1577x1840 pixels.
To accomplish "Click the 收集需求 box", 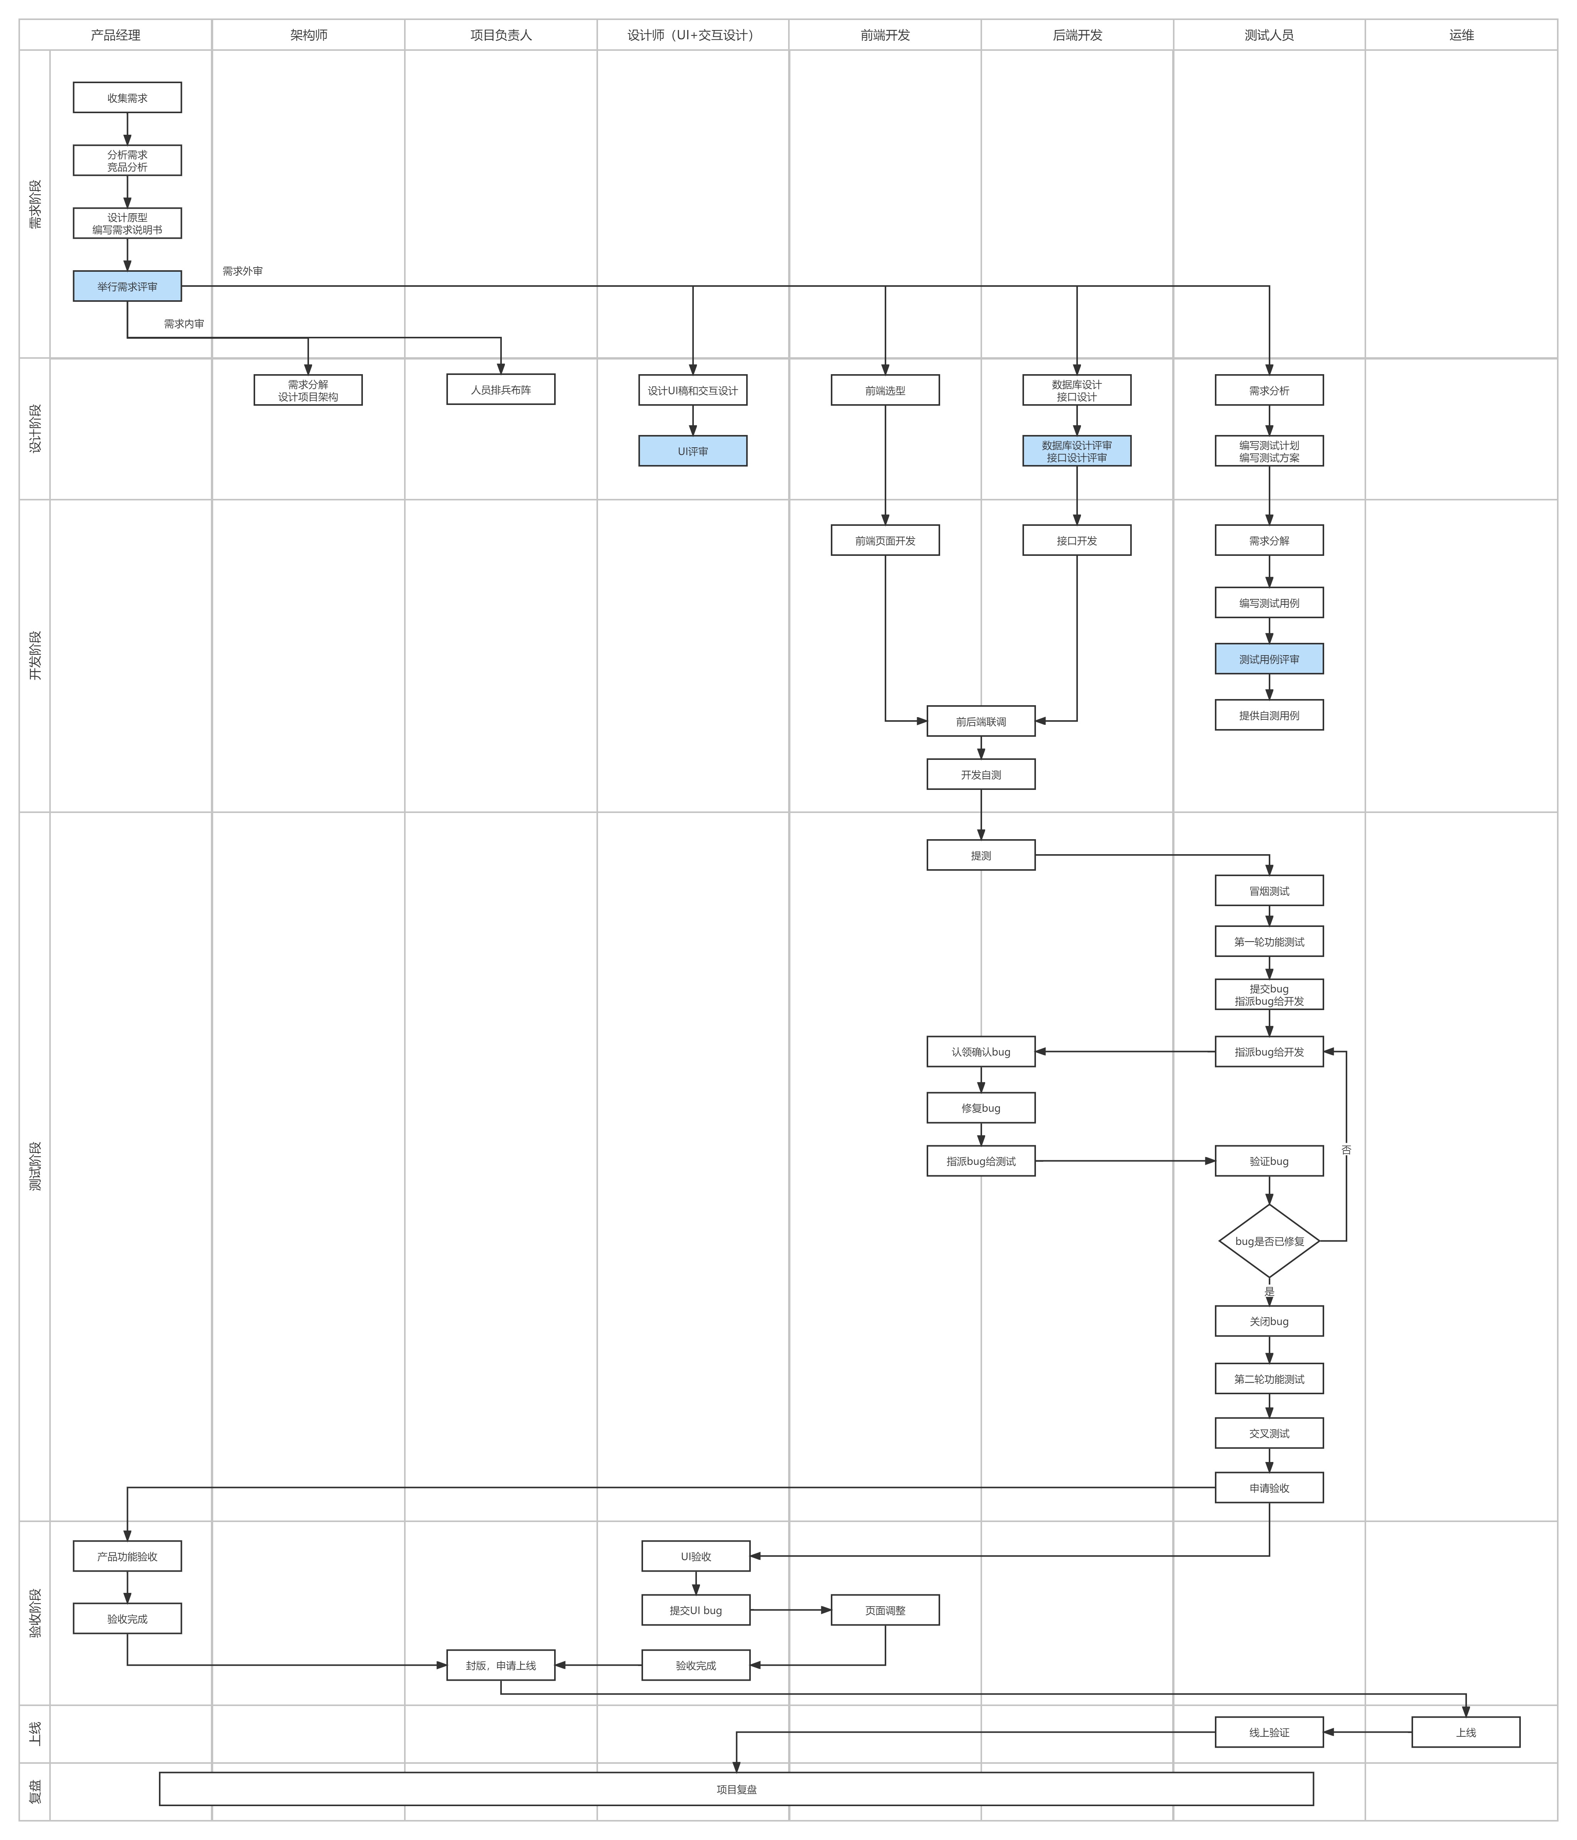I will [127, 98].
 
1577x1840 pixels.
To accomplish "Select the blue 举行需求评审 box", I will [127, 286].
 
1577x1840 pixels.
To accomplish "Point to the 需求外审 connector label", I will [242, 271].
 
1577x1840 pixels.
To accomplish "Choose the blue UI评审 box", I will [693, 451].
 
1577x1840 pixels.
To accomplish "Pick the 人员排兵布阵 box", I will [501, 390].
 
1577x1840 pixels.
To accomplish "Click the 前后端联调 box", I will [980, 721].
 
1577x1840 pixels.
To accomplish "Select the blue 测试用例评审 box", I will [1269, 659].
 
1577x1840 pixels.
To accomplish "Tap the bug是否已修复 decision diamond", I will [1269, 1241].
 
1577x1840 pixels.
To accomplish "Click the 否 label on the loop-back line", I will [1346, 1149].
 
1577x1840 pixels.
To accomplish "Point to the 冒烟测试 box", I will [1269, 891].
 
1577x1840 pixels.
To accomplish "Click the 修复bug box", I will [980, 1107].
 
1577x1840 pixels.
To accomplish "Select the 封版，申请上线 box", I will [501, 1665].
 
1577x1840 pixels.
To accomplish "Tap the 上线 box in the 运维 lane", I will [1465, 1732].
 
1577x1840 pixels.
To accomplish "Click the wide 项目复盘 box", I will [736, 1788].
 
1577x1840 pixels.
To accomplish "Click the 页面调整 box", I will [884, 1610].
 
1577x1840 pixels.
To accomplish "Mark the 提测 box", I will [980, 855].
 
